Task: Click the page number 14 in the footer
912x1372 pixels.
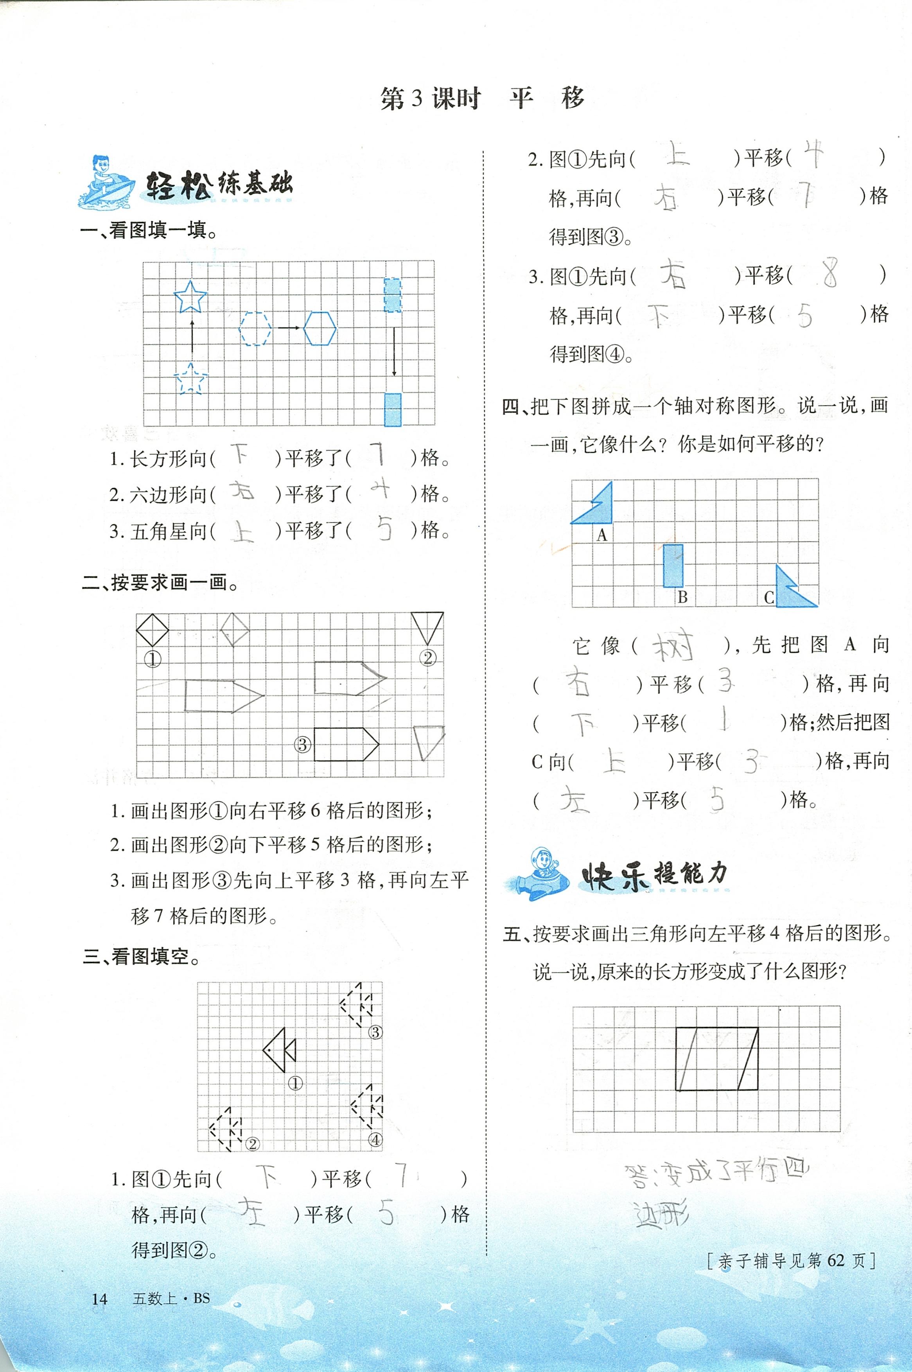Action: pyautogui.click(x=99, y=1299)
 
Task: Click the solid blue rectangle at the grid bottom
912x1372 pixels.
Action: pyautogui.click(x=393, y=409)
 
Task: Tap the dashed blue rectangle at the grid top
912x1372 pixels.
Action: pyautogui.click(x=393, y=295)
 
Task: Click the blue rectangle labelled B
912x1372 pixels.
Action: pyautogui.click(x=673, y=566)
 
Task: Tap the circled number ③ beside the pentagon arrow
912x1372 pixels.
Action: pyautogui.click(x=302, y=745)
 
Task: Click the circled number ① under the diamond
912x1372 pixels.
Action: pyautogui.click(x=153, y=659)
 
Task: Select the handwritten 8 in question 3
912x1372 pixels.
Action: pyautogui.click(x=829, y=275)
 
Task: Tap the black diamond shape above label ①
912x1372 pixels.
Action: pyautogui.click(x=153, y=630)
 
